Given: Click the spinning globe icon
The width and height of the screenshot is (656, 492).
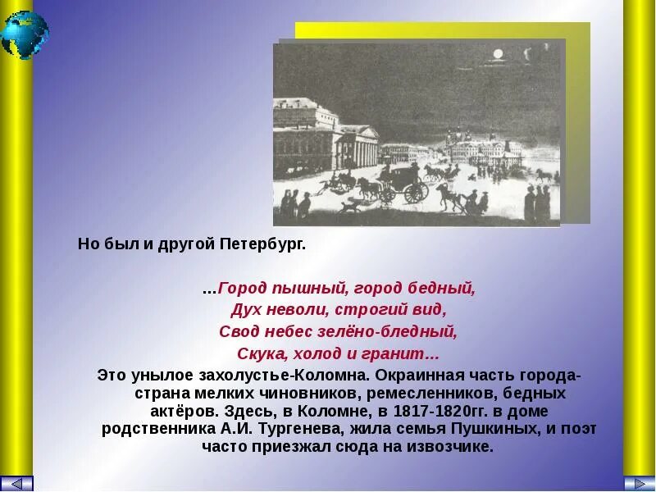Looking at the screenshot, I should [25, 34].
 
